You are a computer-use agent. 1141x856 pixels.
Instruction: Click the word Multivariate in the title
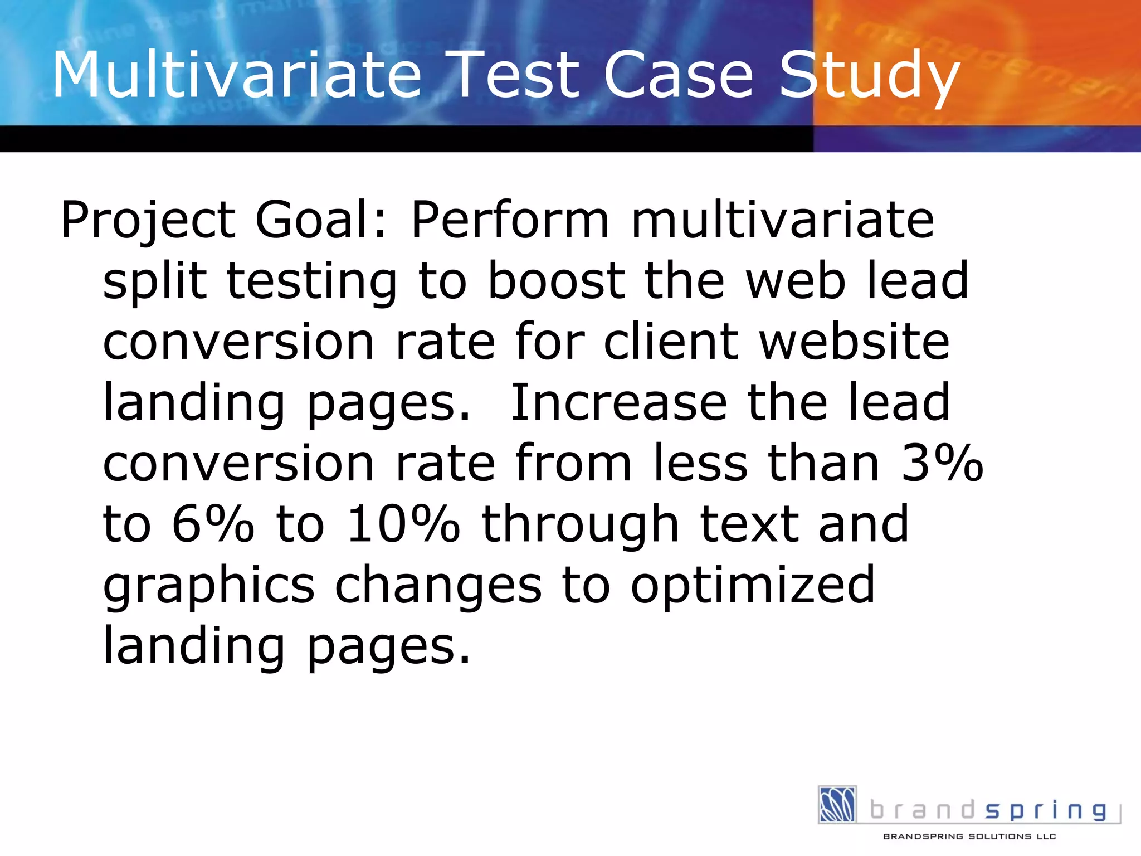coord(237,75)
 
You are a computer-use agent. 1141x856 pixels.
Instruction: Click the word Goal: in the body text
coord(320,220)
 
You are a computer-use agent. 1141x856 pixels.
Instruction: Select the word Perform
coord(510,220)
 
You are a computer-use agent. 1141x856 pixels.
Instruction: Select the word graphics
coord(209,588)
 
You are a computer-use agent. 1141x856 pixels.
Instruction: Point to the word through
coord(580,527)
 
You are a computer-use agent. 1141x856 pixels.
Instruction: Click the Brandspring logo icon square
coord(837,804)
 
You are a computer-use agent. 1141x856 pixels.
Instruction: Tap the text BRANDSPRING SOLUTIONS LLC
coord(969,836)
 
